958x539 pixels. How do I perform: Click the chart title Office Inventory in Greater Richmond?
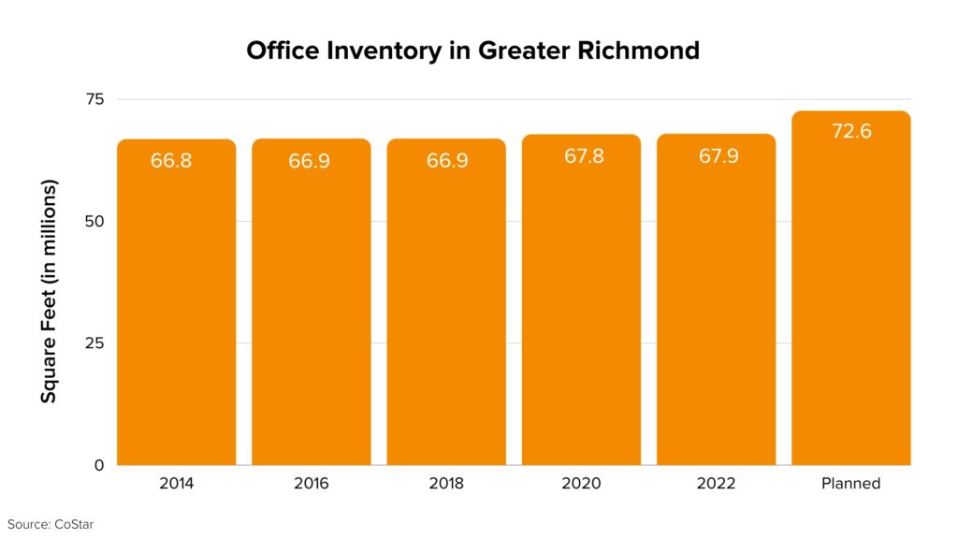(x=472, y=51)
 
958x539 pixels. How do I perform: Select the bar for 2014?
(x=176, y=309)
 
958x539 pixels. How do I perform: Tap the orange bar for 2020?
(x=581, y=309)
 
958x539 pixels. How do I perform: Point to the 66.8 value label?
(x=171, y=161)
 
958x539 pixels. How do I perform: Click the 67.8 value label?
(x=584, y=156)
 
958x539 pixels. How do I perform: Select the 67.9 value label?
(x=718, y=156)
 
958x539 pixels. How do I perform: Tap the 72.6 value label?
(x=851, y=132)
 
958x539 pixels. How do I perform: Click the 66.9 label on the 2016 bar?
(x=308, y=161)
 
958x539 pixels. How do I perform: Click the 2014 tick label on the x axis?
(x=177, y=484)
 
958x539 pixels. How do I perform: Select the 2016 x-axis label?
(x=312, y=484)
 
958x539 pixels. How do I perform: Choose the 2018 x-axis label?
(x=446, y=484)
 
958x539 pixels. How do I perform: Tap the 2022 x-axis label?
(x=716, y=484)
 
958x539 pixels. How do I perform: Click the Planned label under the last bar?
(x=850, y=484)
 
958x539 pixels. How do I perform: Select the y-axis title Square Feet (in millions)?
(x=49, y=291)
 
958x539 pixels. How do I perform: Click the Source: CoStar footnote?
(x=51, y=524)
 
